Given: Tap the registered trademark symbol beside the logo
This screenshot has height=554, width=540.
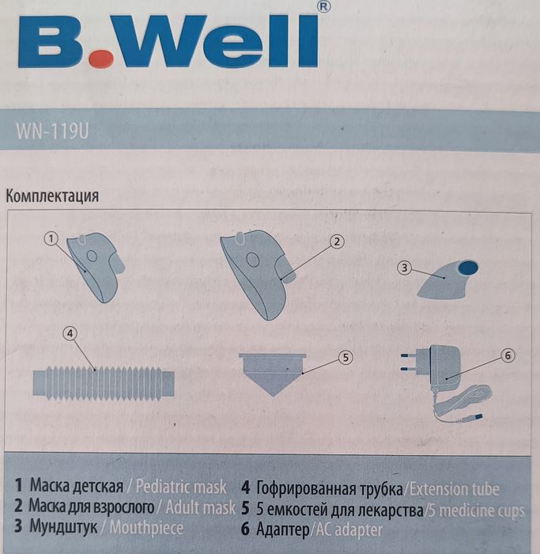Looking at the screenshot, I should (x=323, y=6).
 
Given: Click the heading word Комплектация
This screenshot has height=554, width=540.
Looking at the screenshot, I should (x=52, y=196).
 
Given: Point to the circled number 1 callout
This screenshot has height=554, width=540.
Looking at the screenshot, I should (x=52, y=237).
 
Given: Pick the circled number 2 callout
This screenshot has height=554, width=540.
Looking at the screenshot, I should (x=335, y=241).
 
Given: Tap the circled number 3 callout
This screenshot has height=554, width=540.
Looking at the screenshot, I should (x=404, y=268).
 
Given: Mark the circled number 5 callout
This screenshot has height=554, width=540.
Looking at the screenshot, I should (x=345, y=357).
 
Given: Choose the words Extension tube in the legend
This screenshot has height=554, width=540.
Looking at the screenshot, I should (x=454, y=489).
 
